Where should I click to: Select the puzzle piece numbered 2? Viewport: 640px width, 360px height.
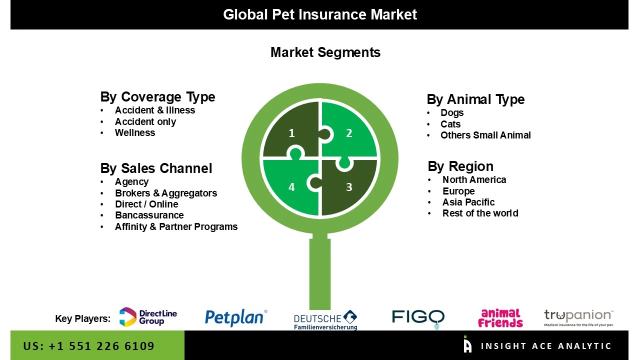pyautogui.click(x=350, y=131)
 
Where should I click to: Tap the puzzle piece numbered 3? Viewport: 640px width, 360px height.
pyautogui.click(x=350, y=188)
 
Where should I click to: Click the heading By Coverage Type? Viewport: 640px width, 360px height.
pyautogui.click(x=157, y=97)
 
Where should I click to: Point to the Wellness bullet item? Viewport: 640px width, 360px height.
pyautogui.click(x=135, y=133)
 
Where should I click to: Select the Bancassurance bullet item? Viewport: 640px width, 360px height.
pyautogui.click(x=149, y=215)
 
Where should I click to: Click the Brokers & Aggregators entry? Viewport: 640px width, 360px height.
pyautogui.click(x=165, y=193)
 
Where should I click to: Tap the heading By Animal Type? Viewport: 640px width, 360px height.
pyautogui.click(x=475, y=99)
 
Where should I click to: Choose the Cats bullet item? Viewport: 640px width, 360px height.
pyautogui.click(x=450, y=124)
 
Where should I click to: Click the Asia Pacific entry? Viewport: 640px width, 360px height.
pyautogui.click(x=468, y=202)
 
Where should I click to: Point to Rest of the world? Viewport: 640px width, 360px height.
pyautogui.click(x=480, y=213)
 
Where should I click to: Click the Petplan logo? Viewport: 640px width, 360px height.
pyautogui.click(x=235, y=318)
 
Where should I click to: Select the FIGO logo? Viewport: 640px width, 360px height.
pyautogui.click(x=418, y=317)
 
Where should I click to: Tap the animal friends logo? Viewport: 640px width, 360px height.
pyautogui.click(x=500, y=318)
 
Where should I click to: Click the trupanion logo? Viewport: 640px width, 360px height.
pyautogui.click(x=578, y=317)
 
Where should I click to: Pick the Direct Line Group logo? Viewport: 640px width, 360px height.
pyautogui.click(x=148, y=317)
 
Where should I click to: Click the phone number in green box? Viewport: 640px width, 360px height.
pyautogui.click(x=88, y=346)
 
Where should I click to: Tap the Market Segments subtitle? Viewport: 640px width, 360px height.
pyautogui.click(x=325, y=52)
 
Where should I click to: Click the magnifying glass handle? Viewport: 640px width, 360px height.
pyautogui.click(x=320, y=272)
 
